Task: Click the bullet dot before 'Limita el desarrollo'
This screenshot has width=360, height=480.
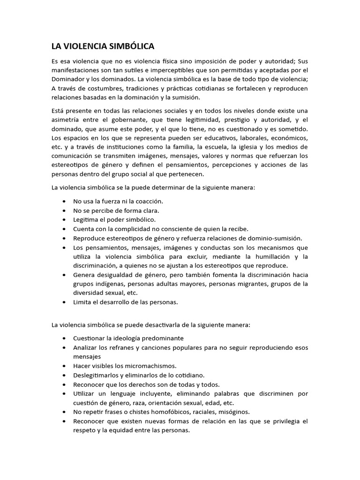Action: click(63, 302)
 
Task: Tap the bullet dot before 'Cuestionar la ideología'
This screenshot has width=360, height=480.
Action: click(63, 338)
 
